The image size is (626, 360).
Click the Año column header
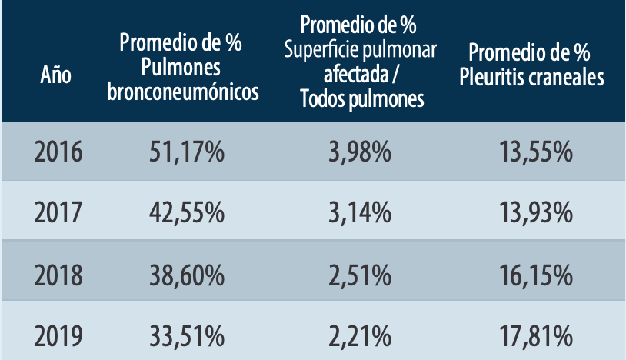pyautogui.click(x=56, y=76)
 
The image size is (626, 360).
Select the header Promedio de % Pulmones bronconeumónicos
pyautogui.click(x=181, y=68)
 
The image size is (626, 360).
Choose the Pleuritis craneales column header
pyautogui.click(x=529, y=65)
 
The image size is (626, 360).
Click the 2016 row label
pyautogui.click(x=58, y=152)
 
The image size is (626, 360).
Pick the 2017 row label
pyautogui.click(x=58, y=212)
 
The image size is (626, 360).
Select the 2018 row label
pyautogui.click(x=58, y=272)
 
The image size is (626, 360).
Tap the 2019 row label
pyautogui.click(x=58, y=335)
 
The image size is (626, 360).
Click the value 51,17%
pyautogui.click(x=186, y=152)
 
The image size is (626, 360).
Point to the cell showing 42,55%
pyautogui.click(x=186, y=212)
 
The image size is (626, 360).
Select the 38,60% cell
pyautogui.click(x=186, y=272)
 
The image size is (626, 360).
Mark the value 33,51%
pyautogui.click(x=186, y=335)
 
